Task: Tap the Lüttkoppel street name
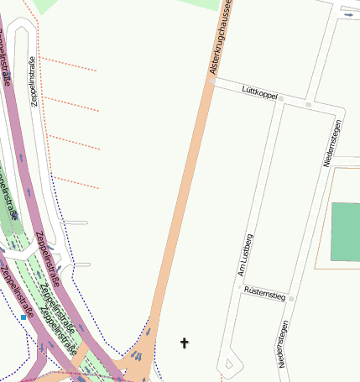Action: pyautogui.click(x=258, y=92)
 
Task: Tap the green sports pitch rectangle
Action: pyautogui.click(x=345, y=232)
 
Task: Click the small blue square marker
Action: pyautogui.click(x=23, y=318)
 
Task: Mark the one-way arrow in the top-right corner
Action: pyautogui.click(x=348, y=13)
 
